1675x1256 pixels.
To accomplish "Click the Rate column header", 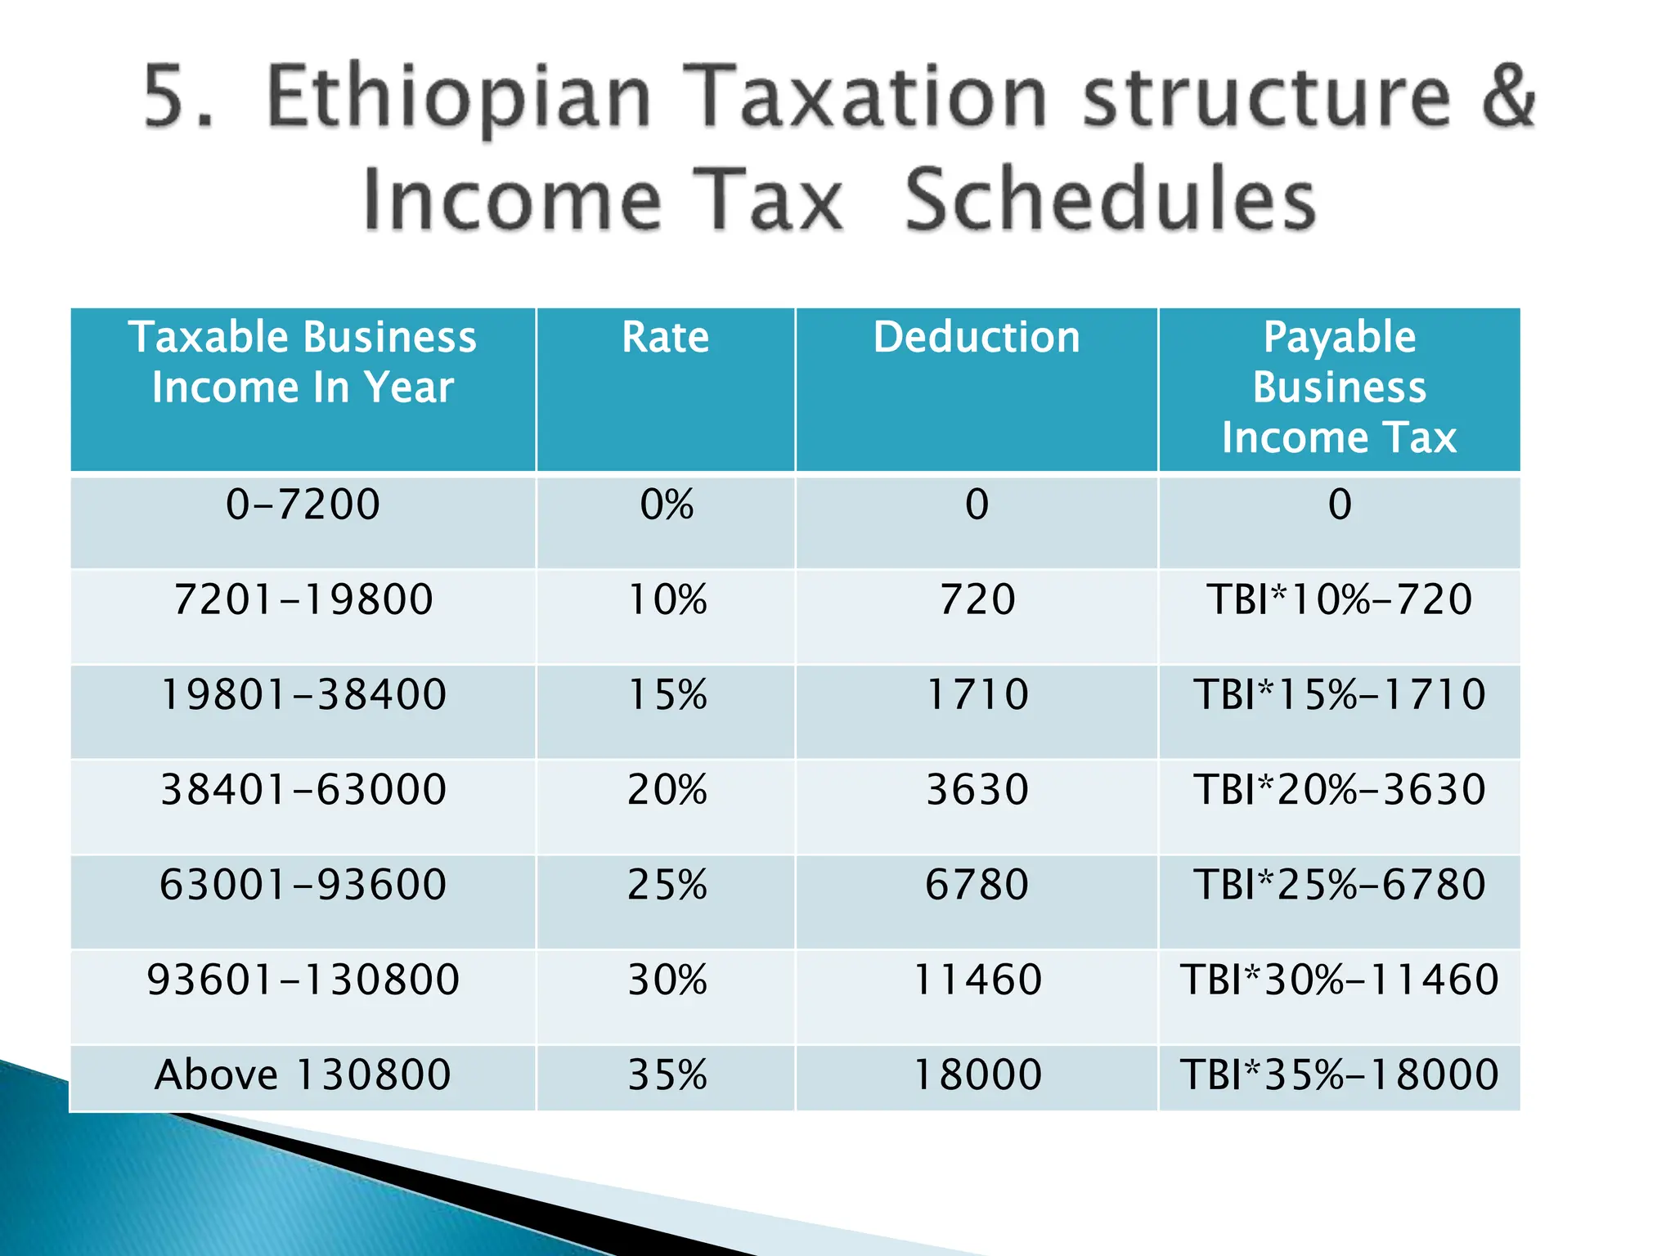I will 665,337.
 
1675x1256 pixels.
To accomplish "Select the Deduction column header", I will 977,337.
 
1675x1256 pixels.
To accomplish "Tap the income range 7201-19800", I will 303,599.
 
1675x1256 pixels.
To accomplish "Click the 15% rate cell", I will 667,694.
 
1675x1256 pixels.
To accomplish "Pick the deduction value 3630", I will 977,790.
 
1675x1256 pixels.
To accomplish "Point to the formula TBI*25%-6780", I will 1339,885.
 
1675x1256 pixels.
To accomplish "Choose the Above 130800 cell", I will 303,1074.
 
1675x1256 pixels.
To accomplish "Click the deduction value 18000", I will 977,1074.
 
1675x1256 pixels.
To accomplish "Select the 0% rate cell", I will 667,505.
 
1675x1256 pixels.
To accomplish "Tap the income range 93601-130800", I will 303,980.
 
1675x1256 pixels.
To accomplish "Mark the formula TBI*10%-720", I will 1339,599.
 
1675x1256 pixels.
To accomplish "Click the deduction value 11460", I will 977,980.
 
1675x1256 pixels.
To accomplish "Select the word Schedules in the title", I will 1110,200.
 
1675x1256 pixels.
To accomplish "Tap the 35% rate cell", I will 667,1074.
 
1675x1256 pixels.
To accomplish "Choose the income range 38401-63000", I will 303,790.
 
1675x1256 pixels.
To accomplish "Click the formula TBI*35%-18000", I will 1339,1074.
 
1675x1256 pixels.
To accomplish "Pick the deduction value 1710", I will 977,694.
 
